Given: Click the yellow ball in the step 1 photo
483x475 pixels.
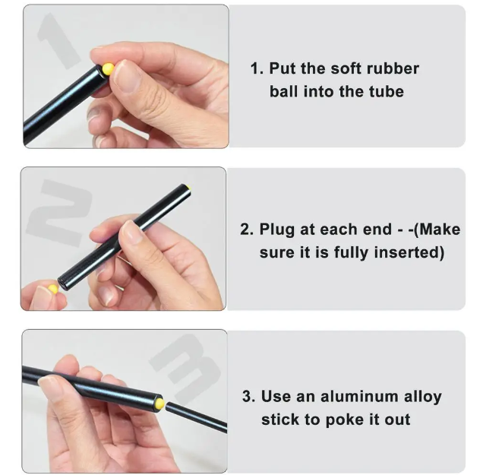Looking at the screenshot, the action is pos(108,69).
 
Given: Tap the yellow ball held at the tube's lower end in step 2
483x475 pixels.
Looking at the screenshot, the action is pos(53,289).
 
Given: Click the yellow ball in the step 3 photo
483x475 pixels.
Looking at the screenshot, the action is pos(160,403).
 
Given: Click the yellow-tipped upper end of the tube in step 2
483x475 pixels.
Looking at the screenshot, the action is pos(187,187).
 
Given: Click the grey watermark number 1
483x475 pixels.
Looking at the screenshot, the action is pos(58,40).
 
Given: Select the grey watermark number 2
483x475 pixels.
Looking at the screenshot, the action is pos(59,213).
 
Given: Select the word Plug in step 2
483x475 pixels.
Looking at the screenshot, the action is pos(276,230).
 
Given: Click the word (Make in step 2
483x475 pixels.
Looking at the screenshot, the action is pos(437,230).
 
